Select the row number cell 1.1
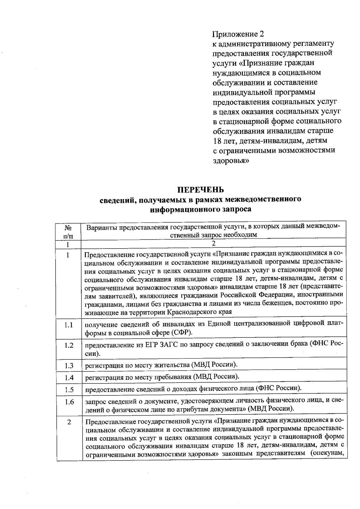[69, 325]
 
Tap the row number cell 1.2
[69, 345]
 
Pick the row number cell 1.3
[69, 366]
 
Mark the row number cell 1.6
[69, 402]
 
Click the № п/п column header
[68, 231]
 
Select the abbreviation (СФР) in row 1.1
[181, 333]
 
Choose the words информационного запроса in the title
[200, 209]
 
